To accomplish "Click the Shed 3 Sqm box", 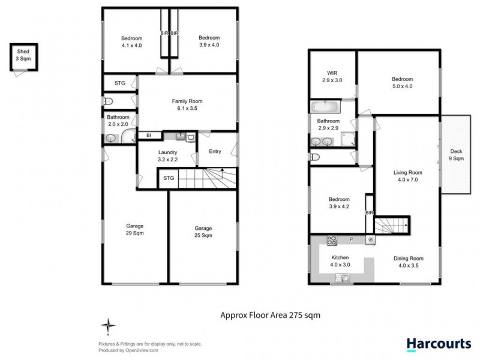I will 23,59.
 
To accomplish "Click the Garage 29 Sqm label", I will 134,230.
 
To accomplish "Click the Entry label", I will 215,151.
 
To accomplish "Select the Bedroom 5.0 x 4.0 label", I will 402,82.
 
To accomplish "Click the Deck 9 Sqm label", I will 457,155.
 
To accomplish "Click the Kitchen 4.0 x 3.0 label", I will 340,260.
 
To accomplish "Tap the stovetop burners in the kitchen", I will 331,240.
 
